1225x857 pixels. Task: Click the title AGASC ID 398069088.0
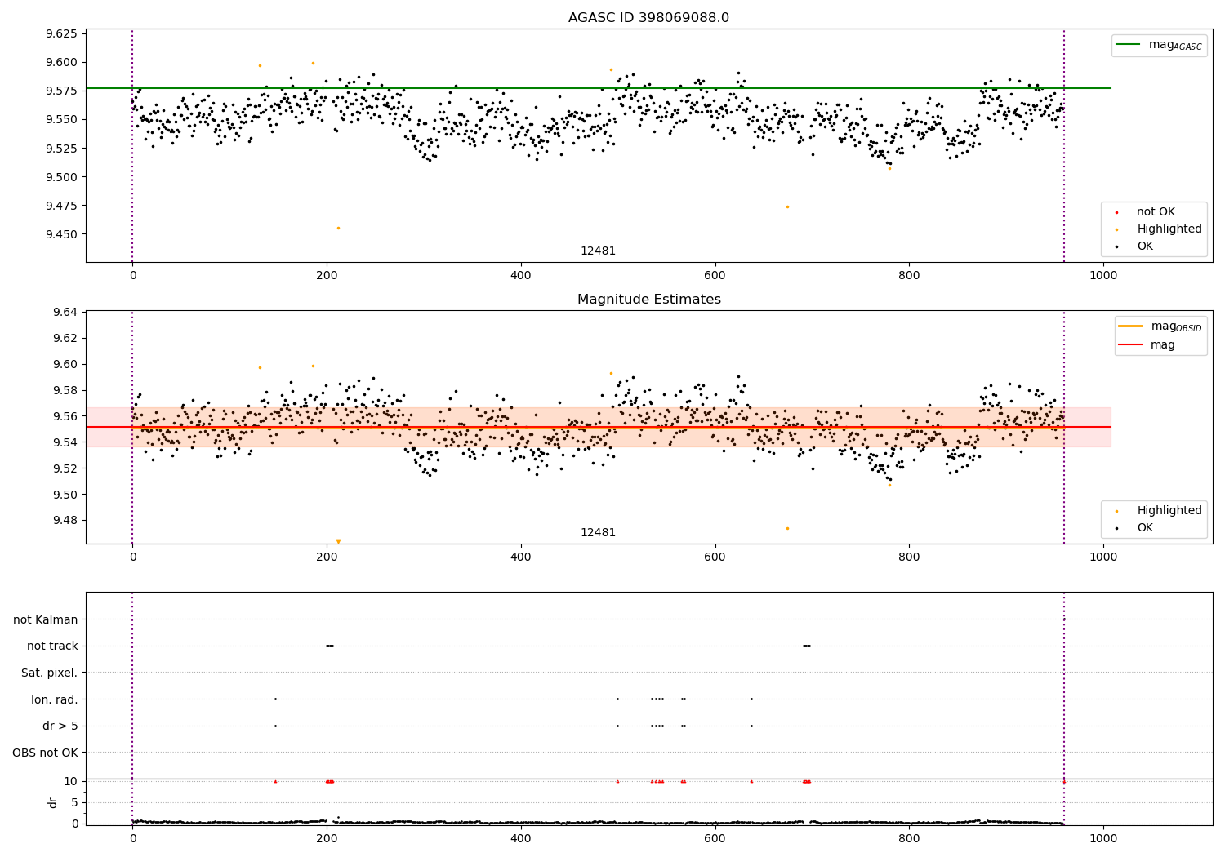[x=648, y=18]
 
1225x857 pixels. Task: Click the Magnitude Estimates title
[x=648, y=300]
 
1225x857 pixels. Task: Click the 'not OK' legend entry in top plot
[x=1155, y=212]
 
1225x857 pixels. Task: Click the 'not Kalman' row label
[x=46, y=619]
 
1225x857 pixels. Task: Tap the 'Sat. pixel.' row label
[x=50, y=673]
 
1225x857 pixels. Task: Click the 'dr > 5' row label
[x=60, y=726]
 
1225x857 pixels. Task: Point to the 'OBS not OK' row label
[x=46, y=753]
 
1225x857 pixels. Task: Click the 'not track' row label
[x=52, y=646]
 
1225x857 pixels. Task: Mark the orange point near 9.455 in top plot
[x=338, y=228]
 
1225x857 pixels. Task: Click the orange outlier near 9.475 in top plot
[x=787, y=206]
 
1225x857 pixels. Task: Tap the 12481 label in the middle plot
[x=598, y=533]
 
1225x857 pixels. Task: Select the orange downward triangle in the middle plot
[x=338, y=541]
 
